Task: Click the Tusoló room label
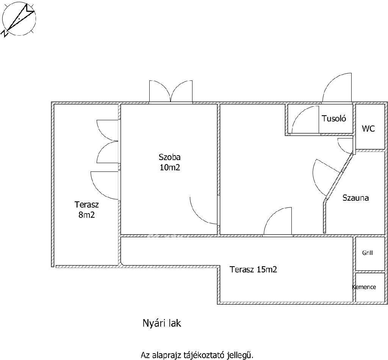pos(333,118)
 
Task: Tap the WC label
pos(368,129)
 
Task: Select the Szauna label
pos(355,198)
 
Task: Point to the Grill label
pos(368,253)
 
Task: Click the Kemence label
pos(364,287)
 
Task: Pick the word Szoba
pos(169,157)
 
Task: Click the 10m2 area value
pos(170,168)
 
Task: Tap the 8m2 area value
pos(87,215)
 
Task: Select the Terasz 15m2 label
pos(253,269)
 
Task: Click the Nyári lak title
pos(162,323)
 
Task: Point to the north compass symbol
pos(19,19)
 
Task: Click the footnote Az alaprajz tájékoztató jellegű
pos(197,355)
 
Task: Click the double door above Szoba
pos(171,91)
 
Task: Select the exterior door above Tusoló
pos(337,88)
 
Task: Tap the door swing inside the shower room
pos(305,120)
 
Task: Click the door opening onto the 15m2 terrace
pos(278,221)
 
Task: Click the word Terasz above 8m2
pos(87,204)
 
